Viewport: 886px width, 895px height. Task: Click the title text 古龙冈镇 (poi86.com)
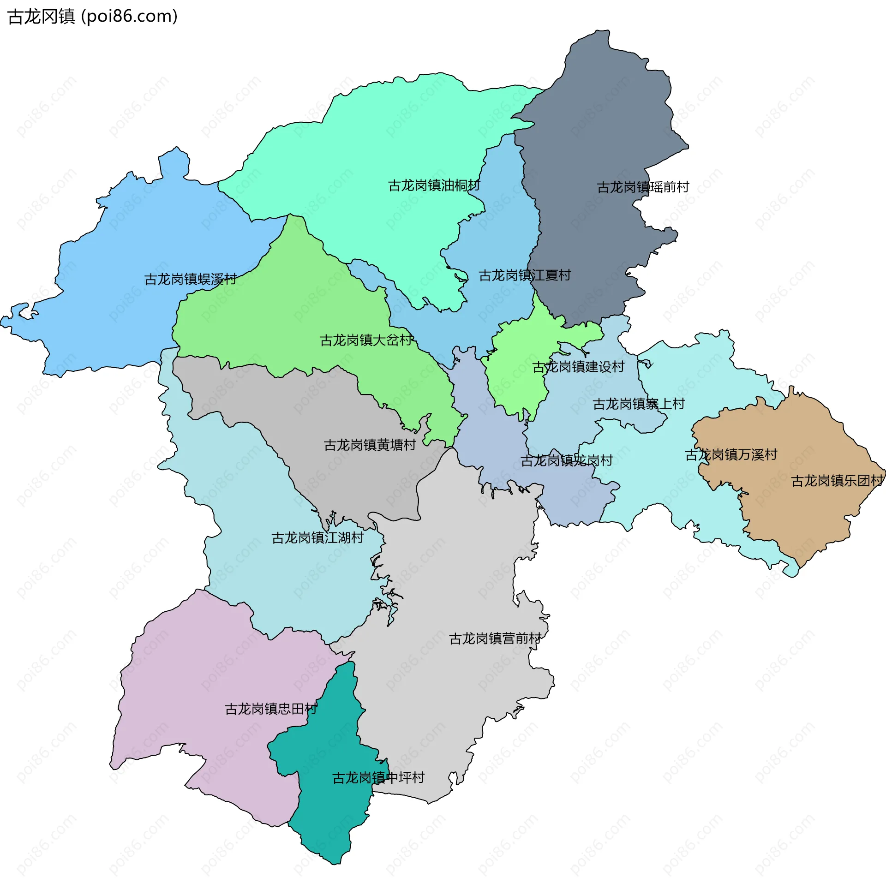93,17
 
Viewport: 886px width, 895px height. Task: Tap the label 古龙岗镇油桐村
434,186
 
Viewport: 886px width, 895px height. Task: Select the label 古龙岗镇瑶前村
643,188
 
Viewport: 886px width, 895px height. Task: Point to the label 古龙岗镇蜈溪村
191,279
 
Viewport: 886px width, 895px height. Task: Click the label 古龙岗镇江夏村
525,275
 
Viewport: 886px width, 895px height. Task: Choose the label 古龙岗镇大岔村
366,340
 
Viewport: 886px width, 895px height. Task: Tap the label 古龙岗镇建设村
578,367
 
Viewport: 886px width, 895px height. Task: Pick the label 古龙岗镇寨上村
639,405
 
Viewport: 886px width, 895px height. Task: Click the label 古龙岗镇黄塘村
370,445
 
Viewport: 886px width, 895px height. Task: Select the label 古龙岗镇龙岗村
566,461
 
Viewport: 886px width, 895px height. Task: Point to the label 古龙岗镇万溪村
731,455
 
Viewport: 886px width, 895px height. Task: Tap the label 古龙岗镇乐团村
837,481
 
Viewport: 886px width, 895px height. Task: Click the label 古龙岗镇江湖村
317,538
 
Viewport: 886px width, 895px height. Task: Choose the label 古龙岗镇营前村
495,639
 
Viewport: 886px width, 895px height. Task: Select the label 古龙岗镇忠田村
270,709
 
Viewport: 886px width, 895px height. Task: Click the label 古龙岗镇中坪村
378,778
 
